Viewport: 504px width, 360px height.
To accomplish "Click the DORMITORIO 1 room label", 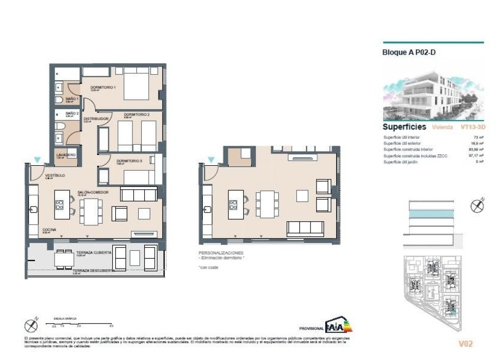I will [x=102, y=88].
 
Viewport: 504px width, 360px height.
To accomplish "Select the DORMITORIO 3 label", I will [x=129, y=161].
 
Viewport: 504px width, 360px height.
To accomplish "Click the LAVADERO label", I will [x=66, y=155].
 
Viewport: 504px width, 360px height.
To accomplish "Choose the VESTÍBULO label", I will [x=55, y=176].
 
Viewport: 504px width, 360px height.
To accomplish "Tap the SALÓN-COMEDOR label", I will [x=93, y=192].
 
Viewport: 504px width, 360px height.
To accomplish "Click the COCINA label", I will [x=49, y=230].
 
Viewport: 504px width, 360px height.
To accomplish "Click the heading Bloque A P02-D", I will [x=409, y=53].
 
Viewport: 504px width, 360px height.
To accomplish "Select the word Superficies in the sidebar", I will [x=404, y=127].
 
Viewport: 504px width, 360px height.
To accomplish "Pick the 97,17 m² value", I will [x=475, y=155].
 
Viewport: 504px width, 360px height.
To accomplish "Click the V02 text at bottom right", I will [x=465, y=344].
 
